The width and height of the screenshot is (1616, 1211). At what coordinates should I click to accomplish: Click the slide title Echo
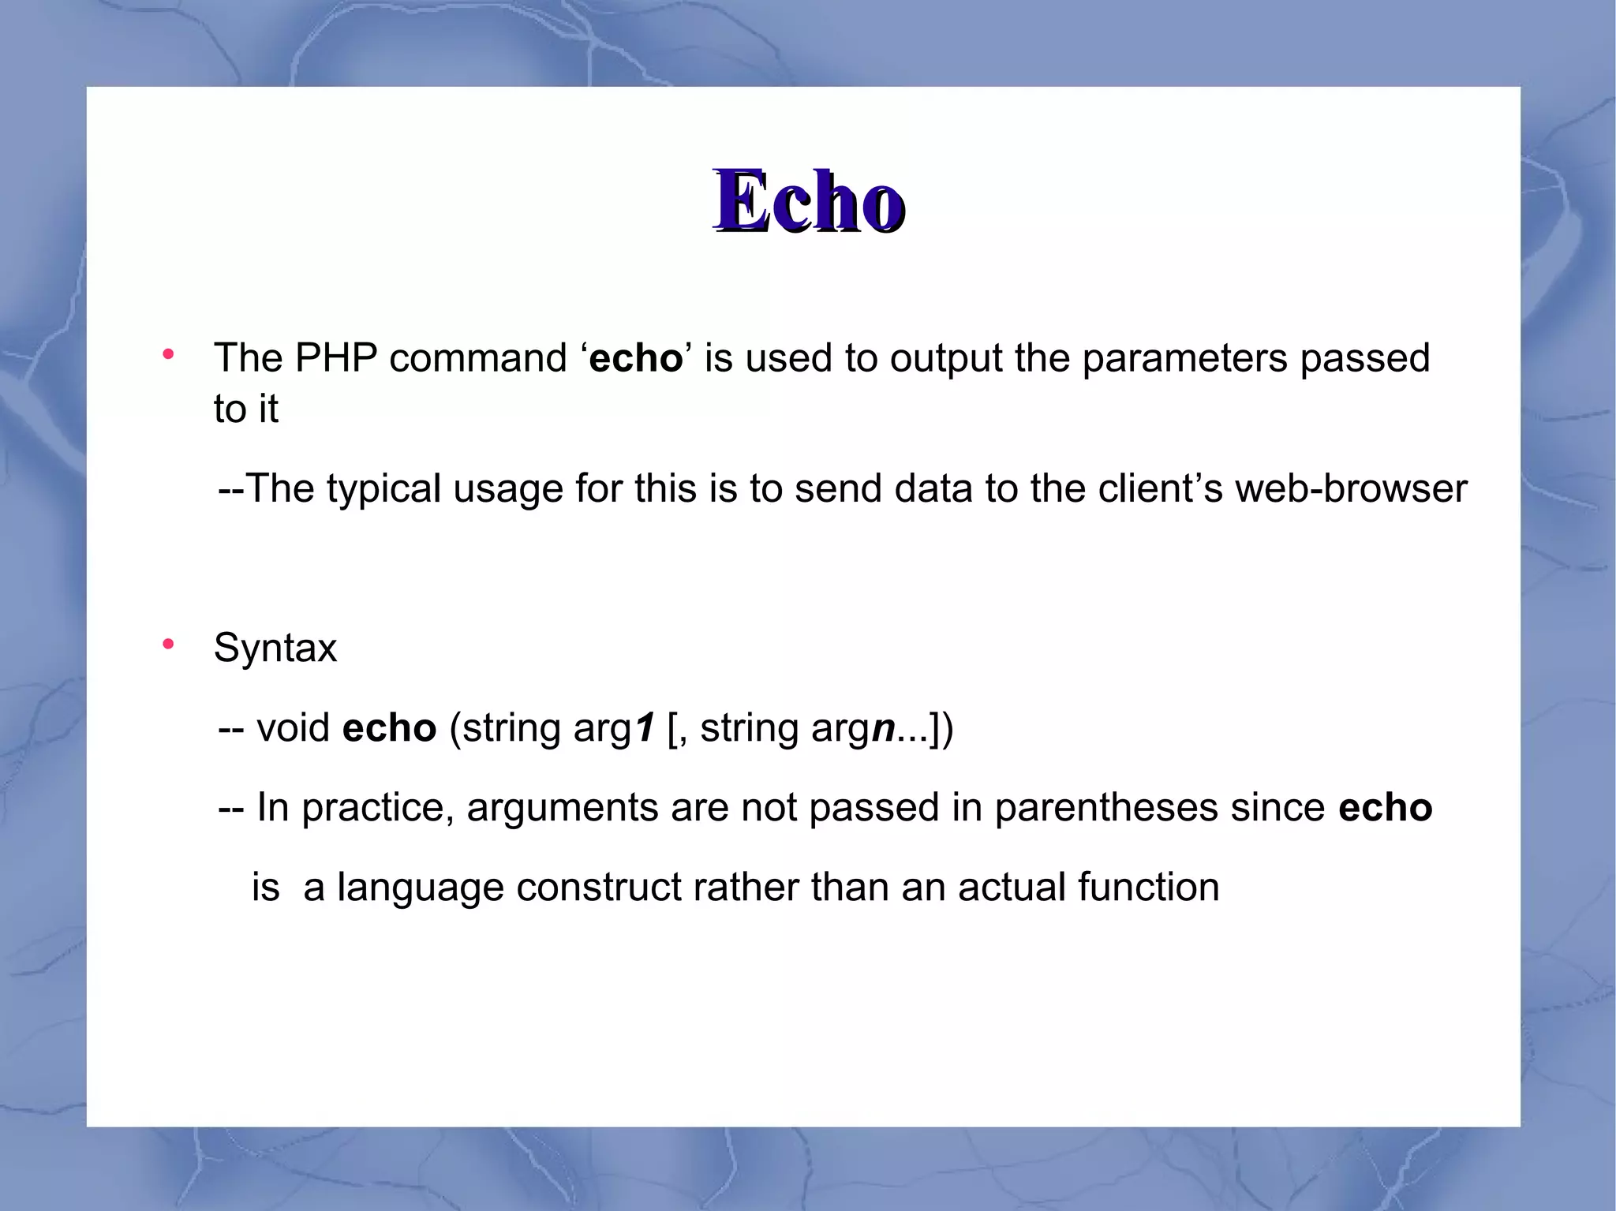(x=809, y=201)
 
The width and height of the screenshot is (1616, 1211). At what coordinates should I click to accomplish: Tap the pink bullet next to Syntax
(x=167, y=645)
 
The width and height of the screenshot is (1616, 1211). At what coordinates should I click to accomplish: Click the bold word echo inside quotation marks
(x=635, y=358)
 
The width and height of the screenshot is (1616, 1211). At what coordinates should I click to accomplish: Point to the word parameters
(x=1184, y=358)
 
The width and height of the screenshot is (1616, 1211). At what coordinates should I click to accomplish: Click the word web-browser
(x=1350, y=488)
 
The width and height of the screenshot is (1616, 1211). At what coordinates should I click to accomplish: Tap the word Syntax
(x=275, y=648)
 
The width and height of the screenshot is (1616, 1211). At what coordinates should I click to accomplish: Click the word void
(x=293, y=727)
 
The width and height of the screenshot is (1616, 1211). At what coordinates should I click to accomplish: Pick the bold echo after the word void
(x=389, y=727)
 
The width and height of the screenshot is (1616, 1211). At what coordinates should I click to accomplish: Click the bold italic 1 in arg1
(x=645, y=727)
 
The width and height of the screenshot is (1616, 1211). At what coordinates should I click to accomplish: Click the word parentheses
(x=1105, y=808)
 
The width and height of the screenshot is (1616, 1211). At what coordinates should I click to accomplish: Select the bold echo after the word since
(x=1385, y=808)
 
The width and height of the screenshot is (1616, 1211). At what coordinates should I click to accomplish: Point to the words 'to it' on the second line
(x=245, y=409)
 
